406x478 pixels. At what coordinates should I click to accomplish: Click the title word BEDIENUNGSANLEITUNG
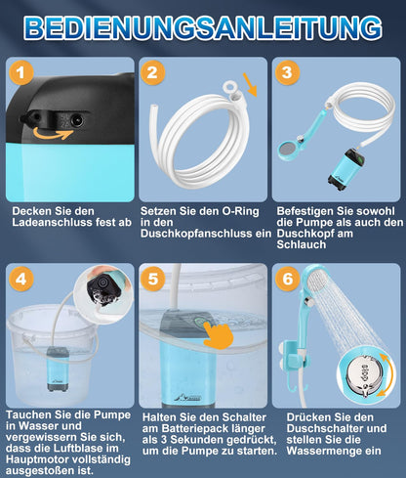(203, 27)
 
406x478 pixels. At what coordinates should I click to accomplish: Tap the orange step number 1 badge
(21, 72)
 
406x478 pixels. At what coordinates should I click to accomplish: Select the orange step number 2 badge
(152, 72)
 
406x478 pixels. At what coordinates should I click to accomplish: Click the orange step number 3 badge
(287, 72)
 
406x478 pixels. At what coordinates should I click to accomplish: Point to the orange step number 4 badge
(21, 279)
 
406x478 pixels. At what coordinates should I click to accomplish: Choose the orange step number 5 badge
(152, 279)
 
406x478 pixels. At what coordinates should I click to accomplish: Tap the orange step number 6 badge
(287, 279)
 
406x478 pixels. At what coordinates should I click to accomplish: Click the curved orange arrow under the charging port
(53, 134)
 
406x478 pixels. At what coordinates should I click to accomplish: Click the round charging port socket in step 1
(77, 121)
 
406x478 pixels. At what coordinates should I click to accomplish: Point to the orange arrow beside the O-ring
(250, 85)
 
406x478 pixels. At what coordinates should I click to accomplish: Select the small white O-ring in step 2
(230, 87)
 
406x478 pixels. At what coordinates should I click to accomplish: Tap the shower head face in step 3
(288, 150)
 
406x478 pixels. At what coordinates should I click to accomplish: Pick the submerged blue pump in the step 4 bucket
(58, 369)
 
